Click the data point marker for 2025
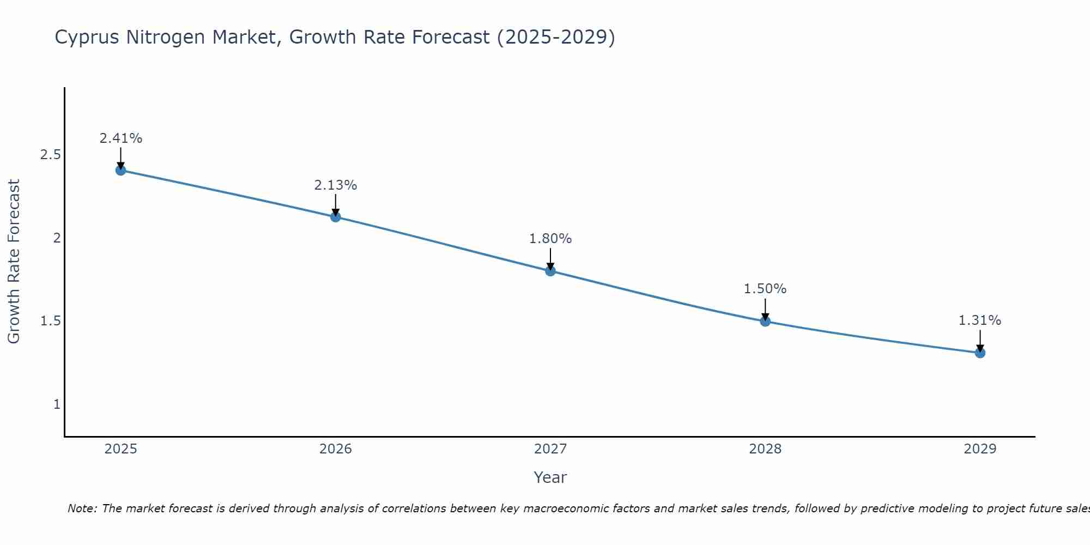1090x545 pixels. (x=120, y=170)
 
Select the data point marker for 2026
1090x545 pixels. (x=336, y=217)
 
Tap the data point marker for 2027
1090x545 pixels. (x=550, y=271)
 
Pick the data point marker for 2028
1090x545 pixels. (x=765, y=321)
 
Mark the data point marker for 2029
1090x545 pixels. (x=980, y=353)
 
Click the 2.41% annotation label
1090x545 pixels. (x=120, y=138)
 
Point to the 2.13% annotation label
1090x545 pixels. (x=336, y=185)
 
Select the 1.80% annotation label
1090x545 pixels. (x=550, y=239)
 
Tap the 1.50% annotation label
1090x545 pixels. (x=765, y=289)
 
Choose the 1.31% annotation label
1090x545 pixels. (x=980, y=320)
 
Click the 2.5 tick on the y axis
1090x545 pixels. (x=50, y=155)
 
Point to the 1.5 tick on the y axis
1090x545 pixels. (x=50, y=321)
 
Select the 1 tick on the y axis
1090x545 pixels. (x=57, y=404)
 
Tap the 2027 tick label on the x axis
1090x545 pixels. (x=550, y=449)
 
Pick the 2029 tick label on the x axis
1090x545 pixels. (x=980, y=449)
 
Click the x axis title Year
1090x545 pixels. (x=550, y=477)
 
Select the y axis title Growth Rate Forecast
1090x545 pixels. (x=14, y=262)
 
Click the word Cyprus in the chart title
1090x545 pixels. (x=88, y=38)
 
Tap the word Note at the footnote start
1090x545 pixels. (x=82, y=508)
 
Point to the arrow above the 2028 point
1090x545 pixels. (x=765, y=309)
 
